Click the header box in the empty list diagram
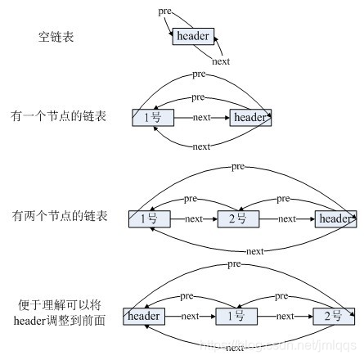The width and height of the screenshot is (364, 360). pyautogui.click(x=193, y=36)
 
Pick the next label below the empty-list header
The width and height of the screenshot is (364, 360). pyautogui.click(x=221, y=61)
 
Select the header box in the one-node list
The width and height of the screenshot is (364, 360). pyautogui.click(x=250, y=118)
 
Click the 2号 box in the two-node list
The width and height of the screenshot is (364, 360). pyautogui.click(x=238, y=218)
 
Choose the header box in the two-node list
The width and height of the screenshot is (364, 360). pyautogui.click(x=335, y=218)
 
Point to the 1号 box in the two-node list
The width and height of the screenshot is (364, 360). pyautogui.click(x=149, y=218)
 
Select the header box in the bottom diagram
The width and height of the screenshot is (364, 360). pyautogui.click(x=144, y=315)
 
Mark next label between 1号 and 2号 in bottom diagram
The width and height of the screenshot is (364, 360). pyautogui.click(x=286, y=315)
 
